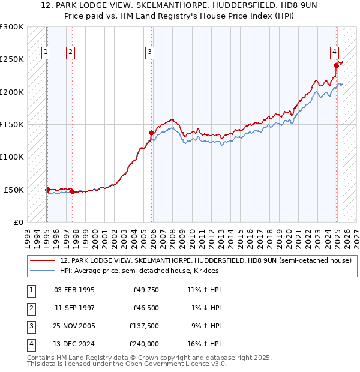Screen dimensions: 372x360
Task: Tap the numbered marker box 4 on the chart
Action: coord(334,52)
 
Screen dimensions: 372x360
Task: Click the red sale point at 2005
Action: coord(152,133)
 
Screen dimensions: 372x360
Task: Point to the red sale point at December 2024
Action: coord(337,66)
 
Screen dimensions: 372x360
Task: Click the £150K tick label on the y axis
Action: coord(12,124)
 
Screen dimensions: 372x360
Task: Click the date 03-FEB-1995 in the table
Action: coord(74,290)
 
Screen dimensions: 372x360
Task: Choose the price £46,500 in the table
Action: coord(145,308)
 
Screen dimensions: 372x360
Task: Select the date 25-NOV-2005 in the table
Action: coord(74,326)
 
